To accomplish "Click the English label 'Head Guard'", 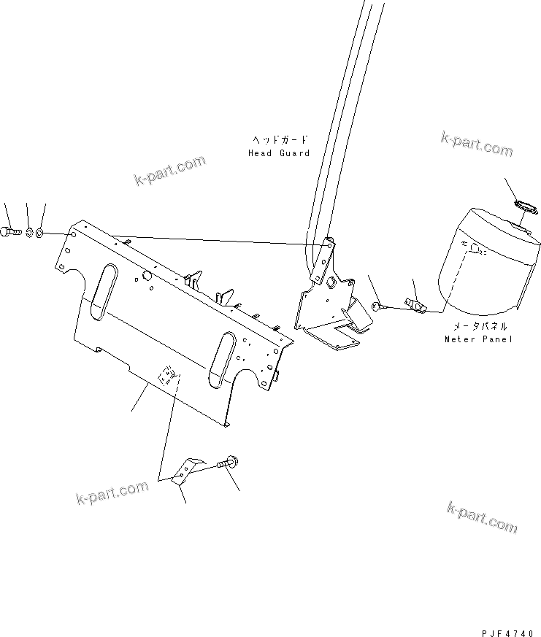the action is (x=279, y=153).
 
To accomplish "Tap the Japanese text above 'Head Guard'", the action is (x=280, y=140).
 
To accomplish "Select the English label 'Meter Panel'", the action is (x=478, y=339).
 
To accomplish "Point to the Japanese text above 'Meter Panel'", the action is (x=480, y=326).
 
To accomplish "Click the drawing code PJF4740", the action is (x=507, y=633).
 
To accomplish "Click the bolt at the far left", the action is (x=9, y=232).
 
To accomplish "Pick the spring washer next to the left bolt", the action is (x=29, y=233).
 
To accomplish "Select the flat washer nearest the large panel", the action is (x=39, y=233).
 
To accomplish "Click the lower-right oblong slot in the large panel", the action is (x=223, y=359).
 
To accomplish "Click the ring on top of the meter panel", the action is (x=525, y=206).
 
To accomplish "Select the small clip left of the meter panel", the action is (x=415, y=305).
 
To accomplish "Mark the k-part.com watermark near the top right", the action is (x=477, y=144).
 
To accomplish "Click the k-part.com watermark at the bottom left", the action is (x=112, y=492).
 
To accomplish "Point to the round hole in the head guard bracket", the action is (x=330, y=282).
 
